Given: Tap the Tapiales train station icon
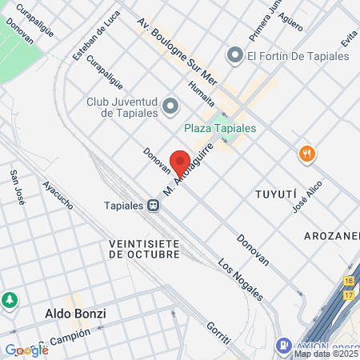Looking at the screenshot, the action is pos(151,206).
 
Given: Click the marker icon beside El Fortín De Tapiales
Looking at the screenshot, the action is pos(234,55).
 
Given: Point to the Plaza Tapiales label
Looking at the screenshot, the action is pos(219,128).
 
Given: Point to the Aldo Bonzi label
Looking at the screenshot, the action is pos(76,313).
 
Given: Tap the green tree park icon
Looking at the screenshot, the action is pos(9,300).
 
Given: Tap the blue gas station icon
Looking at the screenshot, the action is pos(282,346).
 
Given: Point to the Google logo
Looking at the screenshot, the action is pos(26,350).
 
